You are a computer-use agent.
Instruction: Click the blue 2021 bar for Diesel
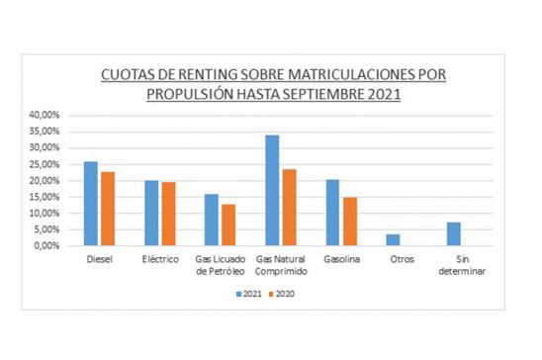(91, 204)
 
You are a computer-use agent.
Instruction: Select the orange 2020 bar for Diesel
(107, 209)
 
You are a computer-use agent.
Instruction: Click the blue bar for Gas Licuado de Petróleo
(212, 220)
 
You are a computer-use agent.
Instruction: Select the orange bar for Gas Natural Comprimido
(288, 208)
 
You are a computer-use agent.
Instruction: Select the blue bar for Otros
(393, 240)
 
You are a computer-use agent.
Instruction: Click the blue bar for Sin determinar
(453, 234)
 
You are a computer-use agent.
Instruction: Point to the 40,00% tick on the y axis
(46, 115)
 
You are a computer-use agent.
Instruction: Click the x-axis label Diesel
(99, 259)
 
